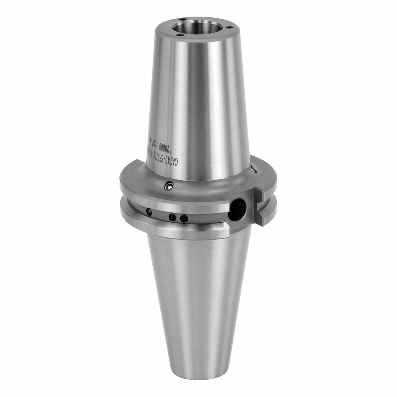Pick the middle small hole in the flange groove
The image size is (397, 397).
173,217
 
